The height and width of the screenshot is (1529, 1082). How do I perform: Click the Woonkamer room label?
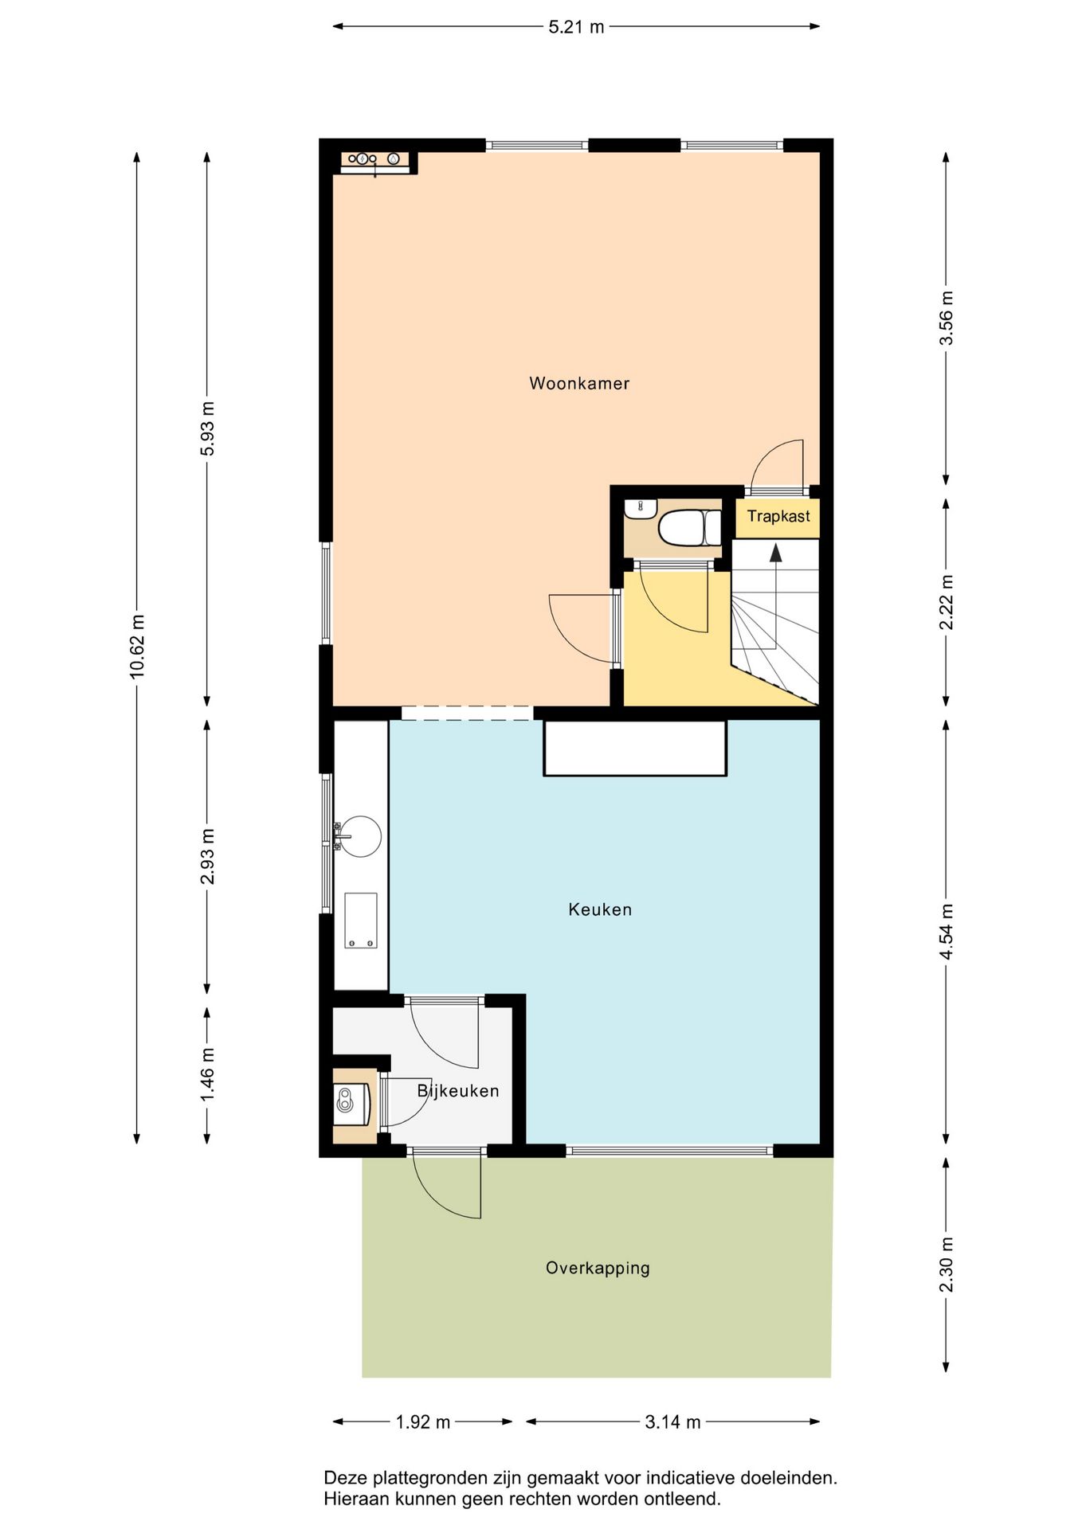click(x=579, y=383)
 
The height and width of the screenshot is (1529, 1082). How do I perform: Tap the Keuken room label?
click(x=600, y=909)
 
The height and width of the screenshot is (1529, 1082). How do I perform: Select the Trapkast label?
click(x=778, y=516)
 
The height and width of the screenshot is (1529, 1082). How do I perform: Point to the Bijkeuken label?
click(x=458, y=1091)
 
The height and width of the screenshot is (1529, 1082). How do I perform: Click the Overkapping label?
click(x=598, y=1268)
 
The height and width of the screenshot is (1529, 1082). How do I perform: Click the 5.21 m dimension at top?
click(x=577, y=27)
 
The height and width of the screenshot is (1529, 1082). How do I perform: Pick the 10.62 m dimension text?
click(x=137, y=646)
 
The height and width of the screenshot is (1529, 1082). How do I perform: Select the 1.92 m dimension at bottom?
click(x=423, y=1421)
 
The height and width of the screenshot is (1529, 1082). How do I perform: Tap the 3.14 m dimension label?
click(x=672, y=1421)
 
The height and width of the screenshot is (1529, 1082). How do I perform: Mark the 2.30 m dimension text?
click(x=946, y=1265)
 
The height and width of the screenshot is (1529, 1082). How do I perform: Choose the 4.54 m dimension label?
click(x=946, y=932)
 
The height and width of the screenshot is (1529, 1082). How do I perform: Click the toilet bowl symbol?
click(x=690, y=528)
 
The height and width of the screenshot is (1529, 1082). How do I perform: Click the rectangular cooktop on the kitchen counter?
click(x=361, y=921)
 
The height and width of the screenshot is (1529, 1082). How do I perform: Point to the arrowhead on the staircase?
click(x=775, y=552)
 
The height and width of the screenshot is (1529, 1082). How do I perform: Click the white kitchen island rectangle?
click(x=635, y=748)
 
